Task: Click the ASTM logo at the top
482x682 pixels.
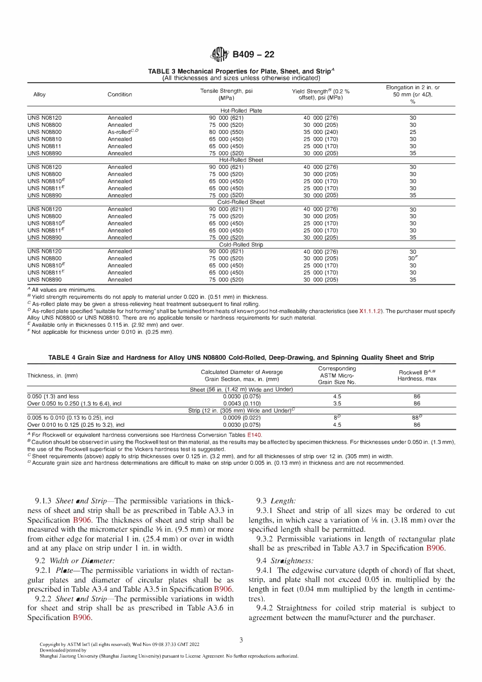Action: pos(220,54)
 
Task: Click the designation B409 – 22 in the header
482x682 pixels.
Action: pos(253,54)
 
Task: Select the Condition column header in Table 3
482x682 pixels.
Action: pos(120,94)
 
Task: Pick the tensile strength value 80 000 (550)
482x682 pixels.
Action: pos(226,132)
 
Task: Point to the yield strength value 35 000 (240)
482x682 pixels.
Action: pos(321,132)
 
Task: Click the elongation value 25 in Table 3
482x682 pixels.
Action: pos(412,132)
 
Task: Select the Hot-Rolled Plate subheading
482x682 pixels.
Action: pos(241,111)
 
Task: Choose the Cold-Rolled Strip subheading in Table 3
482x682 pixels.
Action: pos(241,245)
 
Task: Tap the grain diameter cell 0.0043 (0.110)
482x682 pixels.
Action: pos(242,404)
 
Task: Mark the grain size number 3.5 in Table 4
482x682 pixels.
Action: pos(337,404)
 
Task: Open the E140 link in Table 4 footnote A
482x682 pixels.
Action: pos(254,435)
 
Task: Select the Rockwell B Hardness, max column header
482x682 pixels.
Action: pos(417,376)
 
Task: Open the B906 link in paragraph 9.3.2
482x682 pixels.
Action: pos(435,548)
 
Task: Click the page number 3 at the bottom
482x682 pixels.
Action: pos(241,640)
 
